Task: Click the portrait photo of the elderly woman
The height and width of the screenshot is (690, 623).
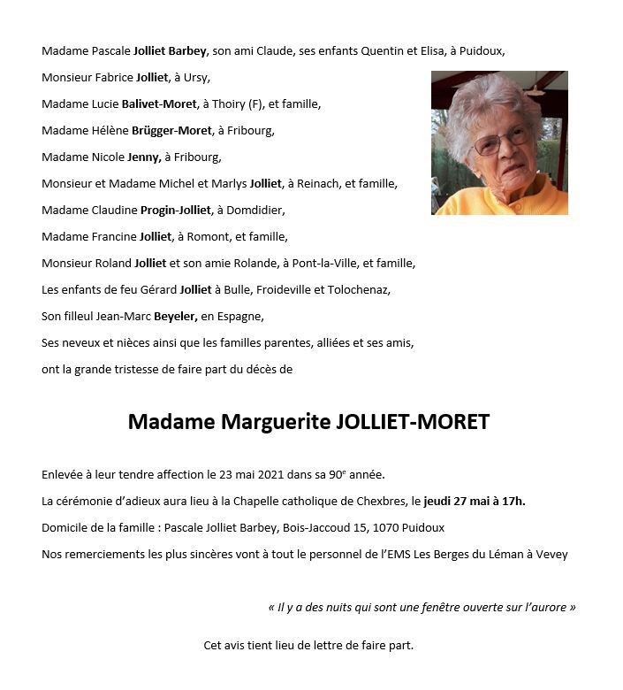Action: coord(499,142)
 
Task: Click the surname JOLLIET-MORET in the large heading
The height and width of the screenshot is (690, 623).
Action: coord(414,422)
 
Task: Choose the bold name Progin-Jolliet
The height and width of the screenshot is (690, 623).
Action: coord(176,211)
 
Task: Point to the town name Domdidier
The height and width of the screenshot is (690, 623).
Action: coord(256,211)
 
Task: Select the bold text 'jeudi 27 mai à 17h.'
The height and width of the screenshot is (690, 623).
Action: coord(475,502)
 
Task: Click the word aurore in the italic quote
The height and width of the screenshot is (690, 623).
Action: coord(550,608)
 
